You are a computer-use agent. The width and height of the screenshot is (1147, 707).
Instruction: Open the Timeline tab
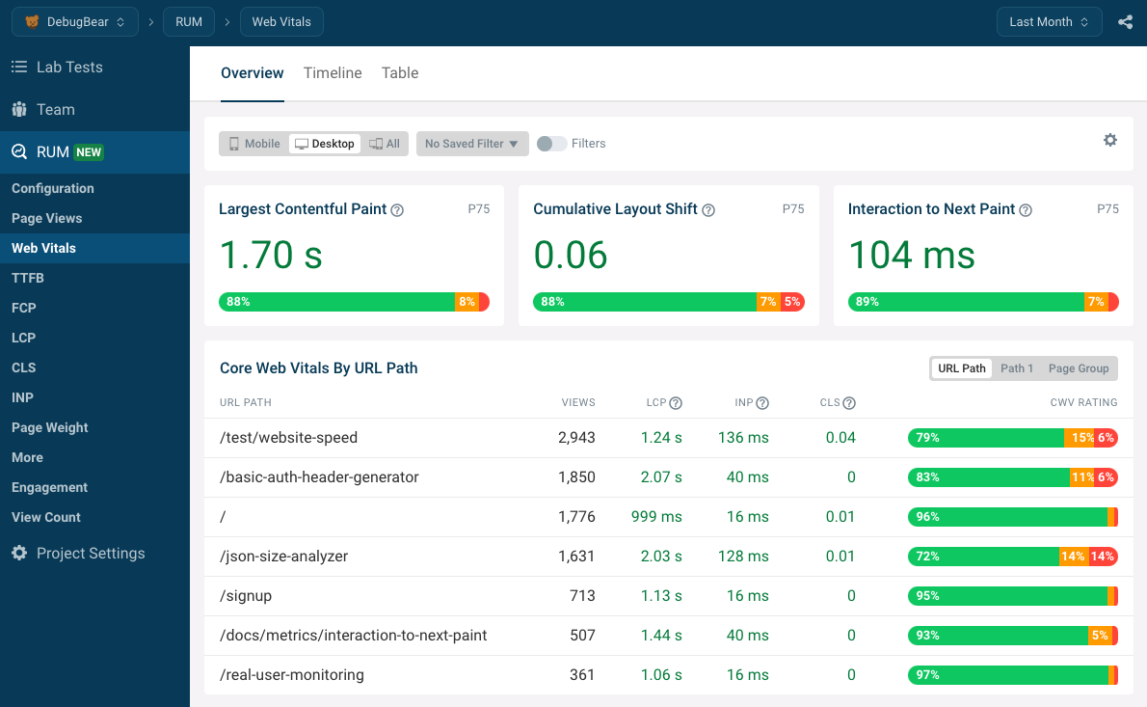click(x=333, y=73)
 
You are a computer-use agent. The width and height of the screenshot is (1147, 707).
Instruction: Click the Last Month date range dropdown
click(x=1049, y=22)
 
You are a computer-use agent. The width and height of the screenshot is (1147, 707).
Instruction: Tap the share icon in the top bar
click(x=1125, y=22)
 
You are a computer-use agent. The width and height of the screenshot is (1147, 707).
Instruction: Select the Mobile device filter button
click(x=254, y=144)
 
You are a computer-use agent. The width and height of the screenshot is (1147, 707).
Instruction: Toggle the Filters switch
click(x=551, y=144)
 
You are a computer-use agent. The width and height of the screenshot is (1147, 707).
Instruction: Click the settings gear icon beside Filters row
click(x=1110, y=141)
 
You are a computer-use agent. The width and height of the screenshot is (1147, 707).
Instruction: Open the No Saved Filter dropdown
click(x=472, y=144)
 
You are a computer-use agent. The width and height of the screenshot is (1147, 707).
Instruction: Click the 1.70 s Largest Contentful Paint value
click(x=271, y=256)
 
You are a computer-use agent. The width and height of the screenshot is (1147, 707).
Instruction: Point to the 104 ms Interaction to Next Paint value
click(x=911, y=256)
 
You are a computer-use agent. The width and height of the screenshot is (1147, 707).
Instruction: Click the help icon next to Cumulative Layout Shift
click(x=708, y=210)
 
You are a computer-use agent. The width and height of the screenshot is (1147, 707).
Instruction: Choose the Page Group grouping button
click(x=1079, y=368)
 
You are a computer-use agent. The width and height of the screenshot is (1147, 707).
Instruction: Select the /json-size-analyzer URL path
click(x=283, y=557)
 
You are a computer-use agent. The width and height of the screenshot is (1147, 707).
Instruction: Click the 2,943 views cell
click(x=576, y=438)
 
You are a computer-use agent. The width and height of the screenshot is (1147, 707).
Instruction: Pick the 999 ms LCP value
click(x=656, y=517)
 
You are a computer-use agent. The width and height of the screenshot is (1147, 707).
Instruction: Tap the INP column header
click(x=743, y=403)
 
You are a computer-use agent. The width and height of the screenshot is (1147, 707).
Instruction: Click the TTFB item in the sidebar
click(x=28, y=278)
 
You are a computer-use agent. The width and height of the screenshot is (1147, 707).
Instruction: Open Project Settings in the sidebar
click(x=90, y=554)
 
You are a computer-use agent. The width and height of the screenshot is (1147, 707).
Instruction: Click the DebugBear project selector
click(x=75, y=22)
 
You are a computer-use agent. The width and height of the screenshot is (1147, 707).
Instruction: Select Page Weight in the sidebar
click(x=50, y=427)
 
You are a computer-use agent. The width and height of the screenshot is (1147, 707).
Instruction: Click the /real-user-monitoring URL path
click(x=292, y=675)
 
